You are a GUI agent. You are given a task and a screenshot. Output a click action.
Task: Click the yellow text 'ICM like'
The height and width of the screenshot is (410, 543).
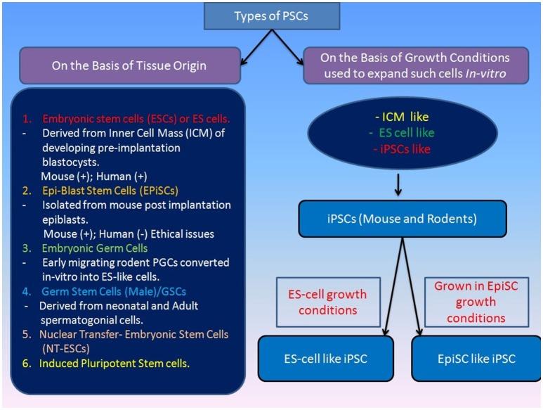401,117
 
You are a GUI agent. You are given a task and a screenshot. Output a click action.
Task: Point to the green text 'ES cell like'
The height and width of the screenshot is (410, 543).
401,132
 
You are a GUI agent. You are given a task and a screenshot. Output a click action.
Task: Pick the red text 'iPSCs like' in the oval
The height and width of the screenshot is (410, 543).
401,148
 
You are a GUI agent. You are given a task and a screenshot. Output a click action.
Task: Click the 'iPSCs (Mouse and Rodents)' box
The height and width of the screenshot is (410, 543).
401,218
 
